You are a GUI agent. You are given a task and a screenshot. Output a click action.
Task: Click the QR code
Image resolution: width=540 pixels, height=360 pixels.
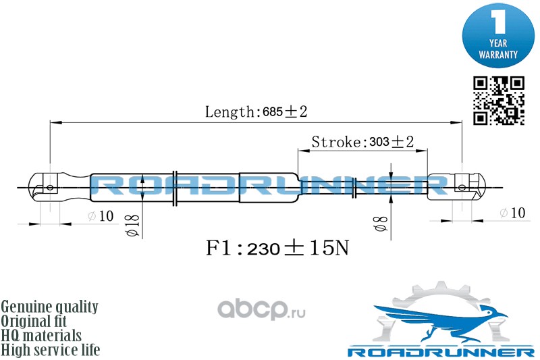498,101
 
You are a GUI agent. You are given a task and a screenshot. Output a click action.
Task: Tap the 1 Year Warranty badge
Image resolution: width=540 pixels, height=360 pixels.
498,34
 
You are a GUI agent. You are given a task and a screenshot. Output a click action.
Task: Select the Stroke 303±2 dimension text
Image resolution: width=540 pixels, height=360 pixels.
362,142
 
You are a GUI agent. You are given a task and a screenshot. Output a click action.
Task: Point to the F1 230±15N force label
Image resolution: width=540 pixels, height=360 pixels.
277,249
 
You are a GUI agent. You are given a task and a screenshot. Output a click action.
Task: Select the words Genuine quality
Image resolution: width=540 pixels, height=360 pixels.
50,307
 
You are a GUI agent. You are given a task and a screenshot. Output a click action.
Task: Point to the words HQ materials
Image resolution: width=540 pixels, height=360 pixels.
41,335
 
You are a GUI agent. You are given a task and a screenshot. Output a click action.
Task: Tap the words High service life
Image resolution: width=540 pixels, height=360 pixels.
51,350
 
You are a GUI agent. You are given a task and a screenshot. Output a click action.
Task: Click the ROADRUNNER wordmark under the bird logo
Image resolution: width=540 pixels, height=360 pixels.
439,352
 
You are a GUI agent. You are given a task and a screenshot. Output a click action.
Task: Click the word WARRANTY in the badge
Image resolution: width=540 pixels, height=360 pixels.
498,53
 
